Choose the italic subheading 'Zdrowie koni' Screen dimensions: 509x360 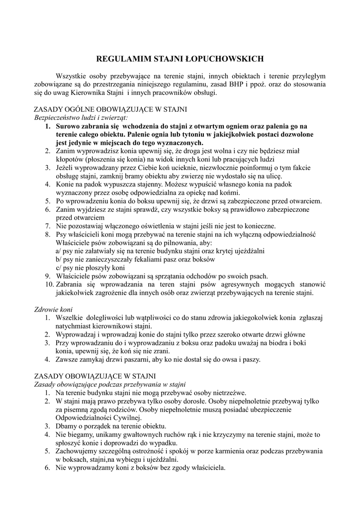click(x=53, y=309)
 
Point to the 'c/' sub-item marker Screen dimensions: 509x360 click(x=59, y=267)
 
